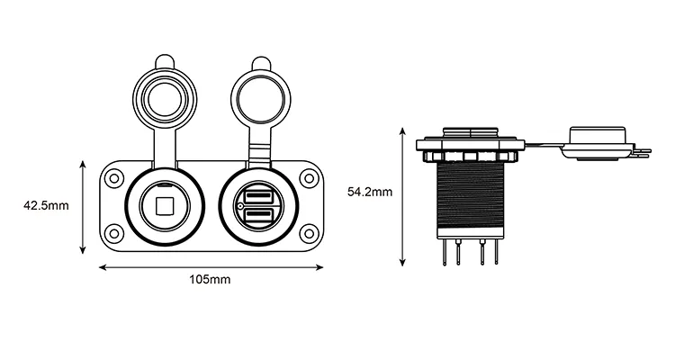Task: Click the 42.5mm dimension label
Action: click(x=46, y=206)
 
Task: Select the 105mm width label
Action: click(x=210, y=280)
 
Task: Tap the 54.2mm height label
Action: click(x=370, y=192)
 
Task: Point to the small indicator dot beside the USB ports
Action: click(x=239, y=206)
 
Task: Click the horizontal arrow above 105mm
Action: click(x=210, y=266)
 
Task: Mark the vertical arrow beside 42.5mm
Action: click(x=83, y=206)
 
